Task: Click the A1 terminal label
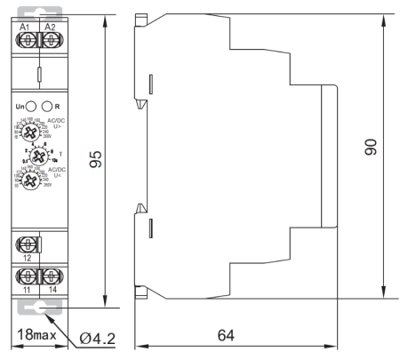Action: click(28, 27)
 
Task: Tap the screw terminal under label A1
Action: click(28, 41)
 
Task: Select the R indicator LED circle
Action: click(50, 108)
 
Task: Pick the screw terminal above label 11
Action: click(28, 275)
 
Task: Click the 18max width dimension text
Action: click(35, 338)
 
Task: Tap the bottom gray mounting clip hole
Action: click(38, 307)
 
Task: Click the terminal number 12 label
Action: click(28, 258)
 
